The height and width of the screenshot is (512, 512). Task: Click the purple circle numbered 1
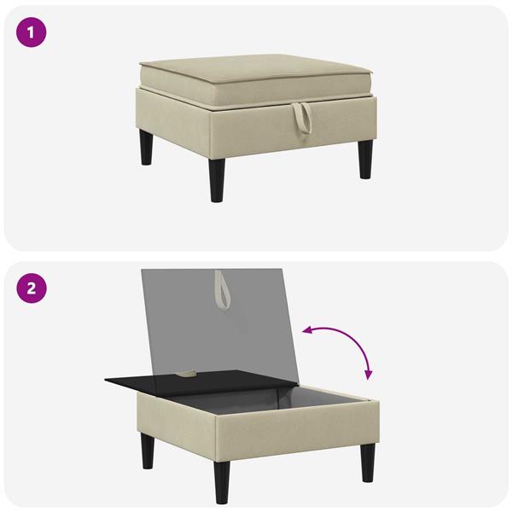(x=31, y=32)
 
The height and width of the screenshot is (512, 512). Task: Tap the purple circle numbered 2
(x=32, y=288)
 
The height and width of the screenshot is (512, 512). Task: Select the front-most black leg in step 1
(x=217, y=180)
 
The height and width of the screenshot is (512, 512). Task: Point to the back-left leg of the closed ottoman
(x=146, y=148)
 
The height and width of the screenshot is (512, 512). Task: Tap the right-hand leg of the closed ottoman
(x=366, y=160)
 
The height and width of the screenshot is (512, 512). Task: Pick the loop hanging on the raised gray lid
(x=222, y=290)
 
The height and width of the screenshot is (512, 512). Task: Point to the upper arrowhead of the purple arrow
(x=306, y=331)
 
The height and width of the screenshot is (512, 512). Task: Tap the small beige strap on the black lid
(x=188, y=373)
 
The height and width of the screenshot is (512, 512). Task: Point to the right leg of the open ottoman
(x=368, y=463)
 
